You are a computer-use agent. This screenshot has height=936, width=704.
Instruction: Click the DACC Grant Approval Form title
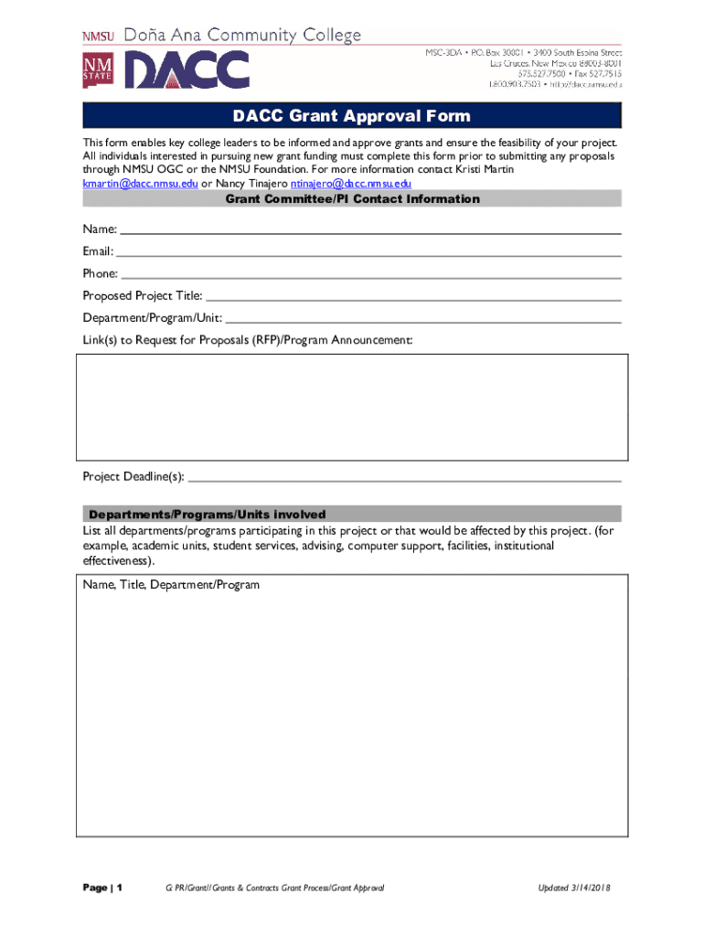[351, 116]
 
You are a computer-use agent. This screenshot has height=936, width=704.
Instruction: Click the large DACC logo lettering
[187, 69]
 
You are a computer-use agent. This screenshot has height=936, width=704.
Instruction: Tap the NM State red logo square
[98, 70]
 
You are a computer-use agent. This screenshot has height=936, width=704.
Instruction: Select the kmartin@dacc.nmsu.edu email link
[140, 184]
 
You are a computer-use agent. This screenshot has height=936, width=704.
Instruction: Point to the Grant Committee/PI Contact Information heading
[352, 199]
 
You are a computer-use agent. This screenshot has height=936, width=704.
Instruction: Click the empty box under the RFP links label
[352, 407]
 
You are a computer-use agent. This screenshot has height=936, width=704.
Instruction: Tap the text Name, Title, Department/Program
[171, 585]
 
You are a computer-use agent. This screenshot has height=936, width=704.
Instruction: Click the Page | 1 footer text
[103, 888]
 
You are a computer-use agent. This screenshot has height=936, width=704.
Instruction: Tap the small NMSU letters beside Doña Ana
[99, 37]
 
